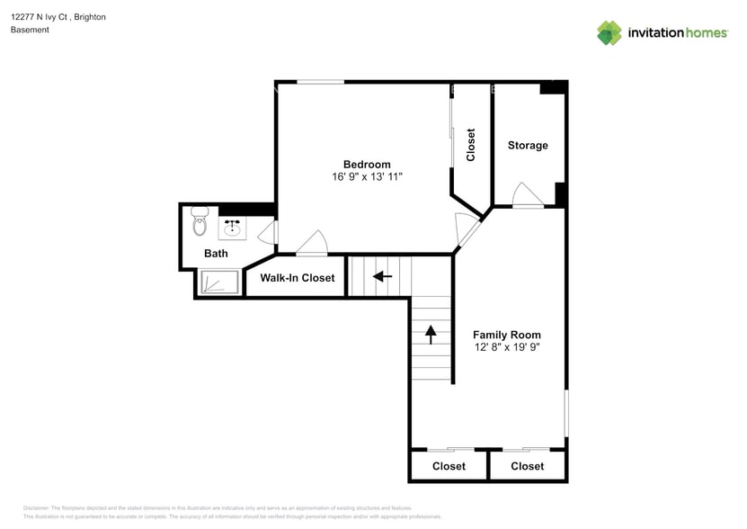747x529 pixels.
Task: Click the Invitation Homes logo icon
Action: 609,32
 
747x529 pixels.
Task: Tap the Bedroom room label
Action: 367,164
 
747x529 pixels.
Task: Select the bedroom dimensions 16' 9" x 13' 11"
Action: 367,177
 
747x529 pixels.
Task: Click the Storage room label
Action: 528,146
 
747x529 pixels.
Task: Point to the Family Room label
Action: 507,335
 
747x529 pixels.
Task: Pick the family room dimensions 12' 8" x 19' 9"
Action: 507,347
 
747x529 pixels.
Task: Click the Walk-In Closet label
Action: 298,278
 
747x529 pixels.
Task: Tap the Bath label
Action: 216,254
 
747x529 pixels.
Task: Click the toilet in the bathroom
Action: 200,222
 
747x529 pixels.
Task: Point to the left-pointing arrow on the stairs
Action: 383,276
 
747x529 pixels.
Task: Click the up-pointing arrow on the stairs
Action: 431,334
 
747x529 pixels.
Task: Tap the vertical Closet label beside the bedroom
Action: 470,145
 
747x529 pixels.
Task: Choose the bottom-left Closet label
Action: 449,466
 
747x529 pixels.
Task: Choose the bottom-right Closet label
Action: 527,466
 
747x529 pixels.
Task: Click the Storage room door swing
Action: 524,195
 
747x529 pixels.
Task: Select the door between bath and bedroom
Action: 268,233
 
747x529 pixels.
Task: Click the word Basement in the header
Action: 30,30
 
